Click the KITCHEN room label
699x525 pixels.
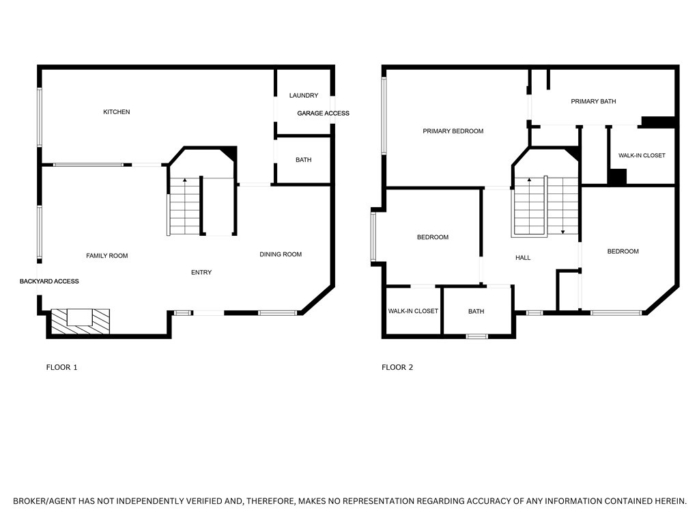(117, 112)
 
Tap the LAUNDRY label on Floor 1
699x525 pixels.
(304, 96)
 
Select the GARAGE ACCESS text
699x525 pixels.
(323, 113)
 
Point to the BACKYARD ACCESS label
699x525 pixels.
(49, 282)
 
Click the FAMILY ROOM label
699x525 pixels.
(107, 256)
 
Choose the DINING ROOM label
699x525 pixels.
(281, 255)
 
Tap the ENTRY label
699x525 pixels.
(201, 273)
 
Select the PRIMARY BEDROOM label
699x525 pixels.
(453, 131)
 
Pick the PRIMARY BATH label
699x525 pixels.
(593, 102)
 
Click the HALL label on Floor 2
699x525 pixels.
(523, 258)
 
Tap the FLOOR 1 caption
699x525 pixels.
(61, 368)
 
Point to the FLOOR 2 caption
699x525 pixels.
(397, 368)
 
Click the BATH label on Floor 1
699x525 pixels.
(303, 160)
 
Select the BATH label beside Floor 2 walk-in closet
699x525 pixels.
(476, 312)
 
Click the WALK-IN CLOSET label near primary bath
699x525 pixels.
(642, 156)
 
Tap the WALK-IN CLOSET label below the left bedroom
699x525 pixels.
(413, 312)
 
